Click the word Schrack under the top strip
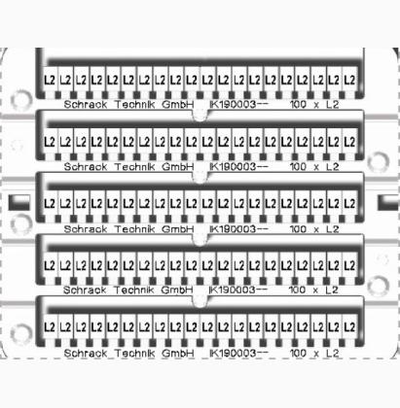pyautogui.click(x=86, y=104)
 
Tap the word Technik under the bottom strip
pyautogui.click(x=134, y=353)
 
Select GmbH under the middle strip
pyautogui.click(x=177, y=229)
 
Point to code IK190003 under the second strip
pyautogui.click(x=233, y=166)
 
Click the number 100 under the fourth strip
pyautogui.click(x=297, y=289)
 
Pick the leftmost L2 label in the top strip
pyautogui.click(x=50, y=80)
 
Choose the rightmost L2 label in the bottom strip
pyautogui.click(x=349, y=326)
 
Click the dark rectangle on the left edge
pyautogui.click(x=19, y=202)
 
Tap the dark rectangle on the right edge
pyautogui.click(x=388, y=202)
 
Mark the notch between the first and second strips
pyautogui.click(x=200, y=116)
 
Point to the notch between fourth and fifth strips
pyautogui.click(x=200, y=301)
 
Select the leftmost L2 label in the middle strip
pyautogui.click(x=50, y=204)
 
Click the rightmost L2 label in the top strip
pyautogui.click(x=349, y=80)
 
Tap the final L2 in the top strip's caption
pyautogui.click(x=332, y=104)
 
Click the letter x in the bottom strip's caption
pyautogui.click(x=316, y=354)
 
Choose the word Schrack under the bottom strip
pyautogui.click(x=86, y=353)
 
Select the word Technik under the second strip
pyautogui.click(x=134, y=166)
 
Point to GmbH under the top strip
pyautogui.click(x=177, y=104)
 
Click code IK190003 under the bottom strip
pyautogui.click(x=233, y=353)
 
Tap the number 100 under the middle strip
pyautogui.click(x=298, y=229)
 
